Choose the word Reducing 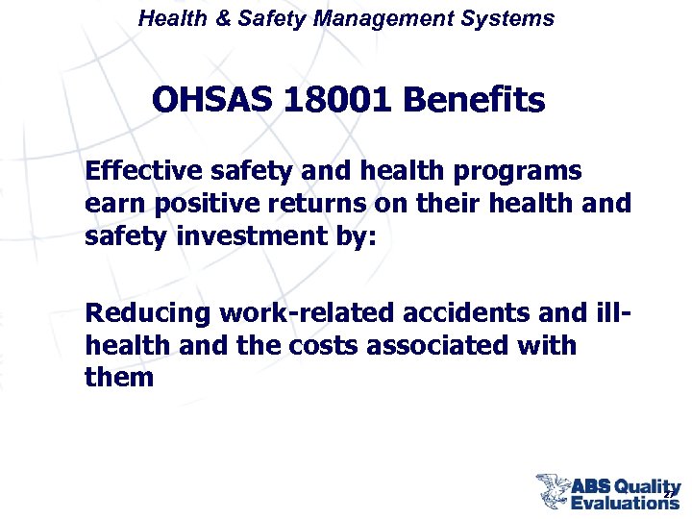147,312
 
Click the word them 119,377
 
